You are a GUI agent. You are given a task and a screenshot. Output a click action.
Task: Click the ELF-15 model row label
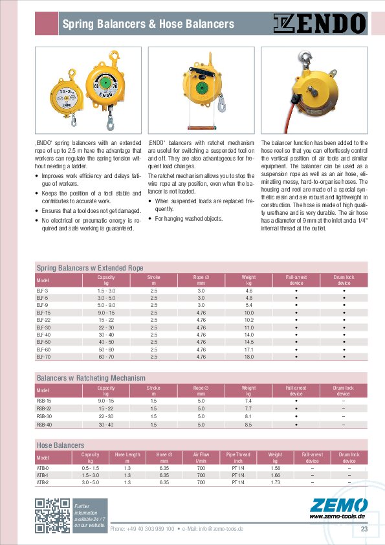[x=43, y=313]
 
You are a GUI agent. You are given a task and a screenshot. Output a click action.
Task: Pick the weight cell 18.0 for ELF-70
[x=248, y=357]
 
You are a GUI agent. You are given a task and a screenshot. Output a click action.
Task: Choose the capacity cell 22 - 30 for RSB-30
[x=106, y=417]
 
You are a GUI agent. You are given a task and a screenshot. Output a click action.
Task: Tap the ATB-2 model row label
[x=43, y=482]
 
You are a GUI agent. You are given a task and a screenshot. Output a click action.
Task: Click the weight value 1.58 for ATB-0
[x=275, y=467]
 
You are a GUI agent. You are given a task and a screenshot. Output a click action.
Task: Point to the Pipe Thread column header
[x=238, y=458]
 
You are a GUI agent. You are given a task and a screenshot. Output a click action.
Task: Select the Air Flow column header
[x=201, y=458]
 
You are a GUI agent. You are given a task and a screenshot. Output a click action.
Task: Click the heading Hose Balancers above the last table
[x=60, y=445]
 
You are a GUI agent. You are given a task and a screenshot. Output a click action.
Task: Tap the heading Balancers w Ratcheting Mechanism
[x=91, y=377]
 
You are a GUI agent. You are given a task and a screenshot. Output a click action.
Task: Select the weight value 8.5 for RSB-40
[x=248, y=425]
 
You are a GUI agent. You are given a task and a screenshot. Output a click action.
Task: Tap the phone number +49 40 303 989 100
[x=142, y=529]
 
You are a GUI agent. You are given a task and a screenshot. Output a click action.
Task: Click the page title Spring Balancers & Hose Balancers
[x=148, y=25]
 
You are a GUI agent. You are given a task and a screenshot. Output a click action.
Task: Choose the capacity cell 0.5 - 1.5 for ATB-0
[x=90, y=467]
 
